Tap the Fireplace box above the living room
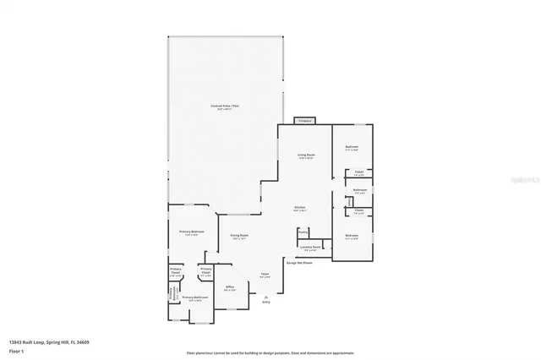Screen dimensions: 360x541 click(304, 121)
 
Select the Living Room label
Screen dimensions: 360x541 click(305, 155)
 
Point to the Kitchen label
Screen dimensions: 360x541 click(299, 208)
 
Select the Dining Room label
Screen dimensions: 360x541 click(239, 236)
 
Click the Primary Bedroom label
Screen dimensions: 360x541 click(191, 232)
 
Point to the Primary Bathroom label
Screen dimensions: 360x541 click(194, 297)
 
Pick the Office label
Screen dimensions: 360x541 click(228, 287)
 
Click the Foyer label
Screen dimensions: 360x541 click(264, 275)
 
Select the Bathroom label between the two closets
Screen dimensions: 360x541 click(359, 191)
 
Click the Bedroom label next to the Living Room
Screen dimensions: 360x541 click(352, 147)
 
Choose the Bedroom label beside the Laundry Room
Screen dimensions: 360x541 click(352, 236)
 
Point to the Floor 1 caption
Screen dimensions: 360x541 click(17, 350)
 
